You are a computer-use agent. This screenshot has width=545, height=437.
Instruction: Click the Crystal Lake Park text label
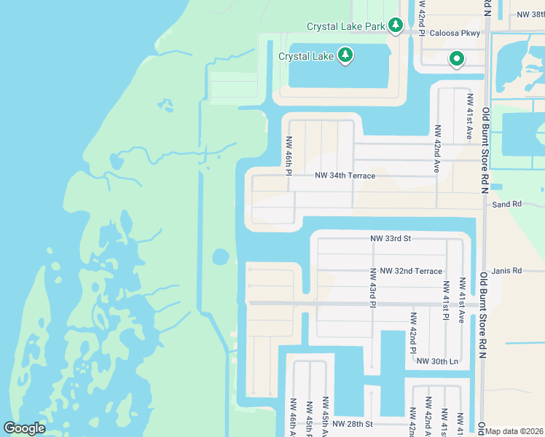345,26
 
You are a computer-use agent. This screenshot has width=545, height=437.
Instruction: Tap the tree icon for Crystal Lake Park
396,26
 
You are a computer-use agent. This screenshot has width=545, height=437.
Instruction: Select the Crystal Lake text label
305,55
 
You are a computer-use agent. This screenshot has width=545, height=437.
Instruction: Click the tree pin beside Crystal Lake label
345,55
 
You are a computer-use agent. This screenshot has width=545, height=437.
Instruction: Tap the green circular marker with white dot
457,59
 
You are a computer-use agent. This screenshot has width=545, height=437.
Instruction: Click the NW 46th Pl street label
289,156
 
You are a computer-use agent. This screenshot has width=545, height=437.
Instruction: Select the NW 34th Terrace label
345,176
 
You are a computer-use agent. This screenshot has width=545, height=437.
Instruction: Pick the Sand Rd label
507,205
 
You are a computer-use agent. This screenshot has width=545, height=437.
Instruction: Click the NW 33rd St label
391,238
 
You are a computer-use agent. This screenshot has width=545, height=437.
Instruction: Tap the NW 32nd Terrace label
406,271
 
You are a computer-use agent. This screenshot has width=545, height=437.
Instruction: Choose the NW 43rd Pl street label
372,286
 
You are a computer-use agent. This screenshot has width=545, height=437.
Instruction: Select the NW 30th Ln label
437,361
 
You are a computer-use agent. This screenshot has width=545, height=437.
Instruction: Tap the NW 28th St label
352,423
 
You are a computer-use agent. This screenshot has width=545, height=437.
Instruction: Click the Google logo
25,428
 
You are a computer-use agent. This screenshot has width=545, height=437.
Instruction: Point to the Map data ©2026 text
514,431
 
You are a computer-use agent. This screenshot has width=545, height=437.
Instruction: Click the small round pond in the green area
219,257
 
